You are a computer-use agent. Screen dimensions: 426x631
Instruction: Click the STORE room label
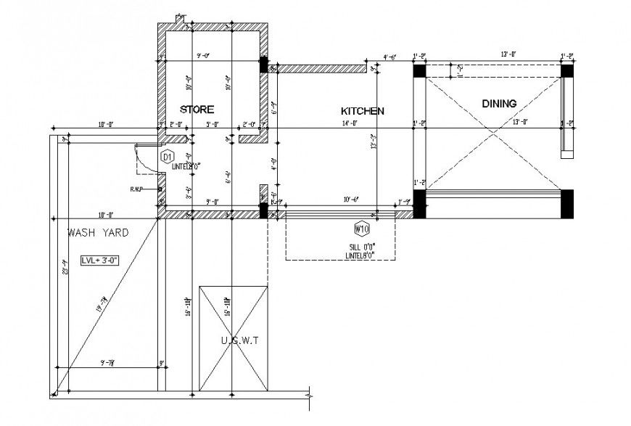click(x=197, y=110)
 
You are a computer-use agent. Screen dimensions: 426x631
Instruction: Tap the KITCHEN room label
click(x=362, y=111)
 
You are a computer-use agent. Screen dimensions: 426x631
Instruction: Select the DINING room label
click(x=499, y=104)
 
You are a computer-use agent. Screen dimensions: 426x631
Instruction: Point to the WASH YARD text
click(x=98, y=233)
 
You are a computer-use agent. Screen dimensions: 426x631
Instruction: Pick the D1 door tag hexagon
click(x=166, y=157)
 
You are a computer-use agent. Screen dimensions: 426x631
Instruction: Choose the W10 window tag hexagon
click(x=360, y=229)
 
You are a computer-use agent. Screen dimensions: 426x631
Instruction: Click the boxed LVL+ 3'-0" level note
click(x=99, y=260)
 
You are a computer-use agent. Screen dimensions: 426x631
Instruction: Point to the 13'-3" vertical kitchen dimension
click(x=374, y=142)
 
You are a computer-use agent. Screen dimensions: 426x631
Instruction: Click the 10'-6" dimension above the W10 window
click(x=352, y=199)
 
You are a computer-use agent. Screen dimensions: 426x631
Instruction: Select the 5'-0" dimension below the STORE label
click(x=212, y=124)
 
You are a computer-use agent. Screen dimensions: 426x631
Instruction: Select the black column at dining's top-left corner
click(x=419, y=71)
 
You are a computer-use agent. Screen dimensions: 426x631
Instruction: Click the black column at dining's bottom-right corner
click(x=567, y=203)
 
